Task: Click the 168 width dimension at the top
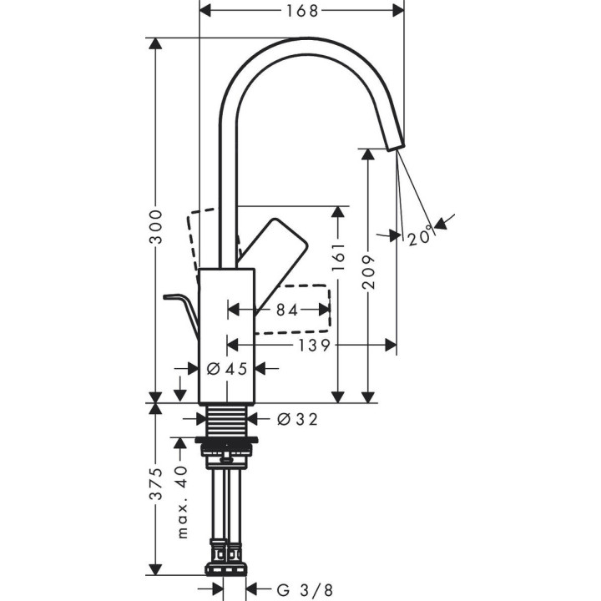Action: (301, 11)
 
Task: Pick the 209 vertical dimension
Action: (369, 271)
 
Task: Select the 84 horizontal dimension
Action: (285, 310)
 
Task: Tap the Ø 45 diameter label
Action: (226, 368)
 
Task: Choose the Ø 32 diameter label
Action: (296, 419)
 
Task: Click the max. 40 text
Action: (183, 500)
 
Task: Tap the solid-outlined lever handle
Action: (274, 250)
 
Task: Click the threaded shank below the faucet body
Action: (226, 420)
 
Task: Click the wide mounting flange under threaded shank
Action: (226, 440)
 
